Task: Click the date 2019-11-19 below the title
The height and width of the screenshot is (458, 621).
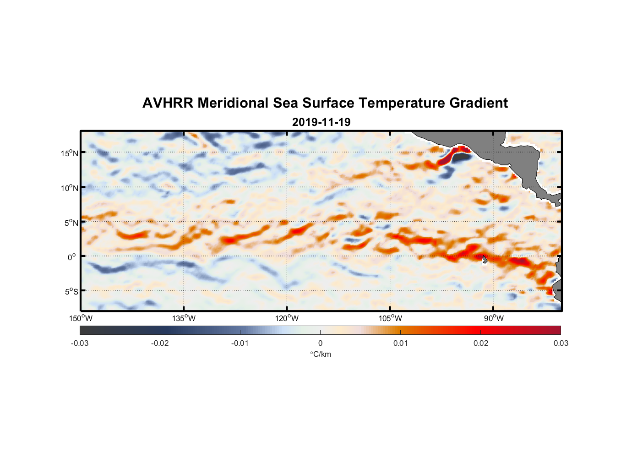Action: [321, 122]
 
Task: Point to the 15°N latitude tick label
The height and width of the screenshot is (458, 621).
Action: [69, 153]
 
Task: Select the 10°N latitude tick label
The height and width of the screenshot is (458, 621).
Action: [69, 188]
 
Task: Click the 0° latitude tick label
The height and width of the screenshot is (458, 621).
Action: [71, 257]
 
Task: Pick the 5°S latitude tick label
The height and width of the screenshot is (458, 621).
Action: [71, 291]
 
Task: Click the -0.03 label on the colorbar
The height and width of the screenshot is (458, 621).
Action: [80, 343]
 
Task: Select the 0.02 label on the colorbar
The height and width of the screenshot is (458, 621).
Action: [480, 343]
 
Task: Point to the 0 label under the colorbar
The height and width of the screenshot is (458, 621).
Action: [320, 343]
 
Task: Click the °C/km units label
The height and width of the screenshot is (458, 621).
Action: [320, 354]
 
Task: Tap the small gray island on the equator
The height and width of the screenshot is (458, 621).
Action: [484, 259]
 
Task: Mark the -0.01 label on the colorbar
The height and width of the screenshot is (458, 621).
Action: [240, 343]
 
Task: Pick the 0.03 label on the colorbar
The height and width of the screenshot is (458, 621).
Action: [561, 343]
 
